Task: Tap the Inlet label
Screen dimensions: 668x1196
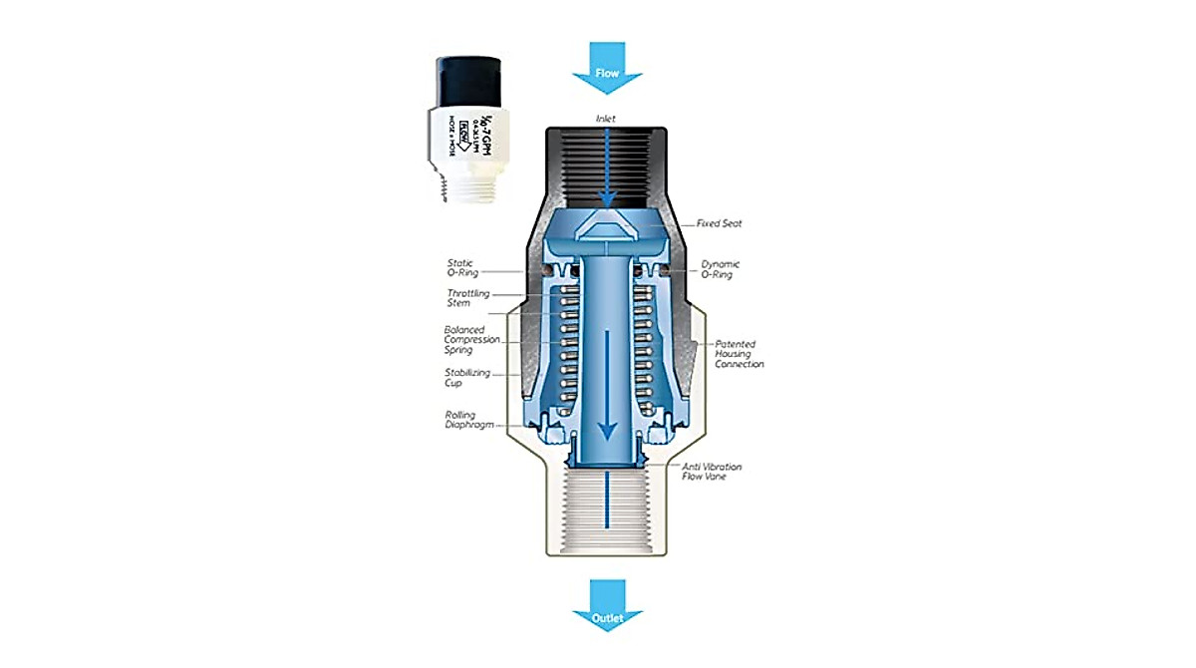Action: (x=606, y=119)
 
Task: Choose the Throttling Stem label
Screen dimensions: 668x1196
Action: (x=465, y=298)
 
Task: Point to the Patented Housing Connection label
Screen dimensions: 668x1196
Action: (x=740, y=354)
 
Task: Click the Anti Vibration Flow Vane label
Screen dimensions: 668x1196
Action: (x=712, y=471)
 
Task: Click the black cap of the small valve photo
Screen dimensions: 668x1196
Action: (x=474, y=80)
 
